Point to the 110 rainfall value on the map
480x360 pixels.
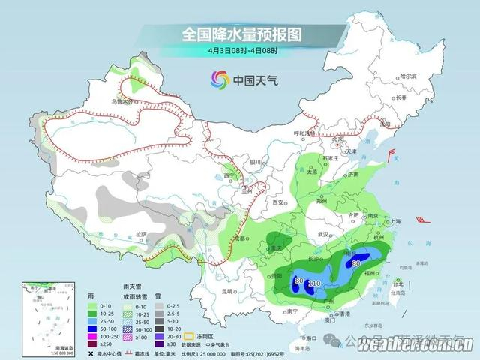(x=315, y=283)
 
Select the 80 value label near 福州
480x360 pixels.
(x=356, y=264)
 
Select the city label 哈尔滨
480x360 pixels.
(x=407, y=76)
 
